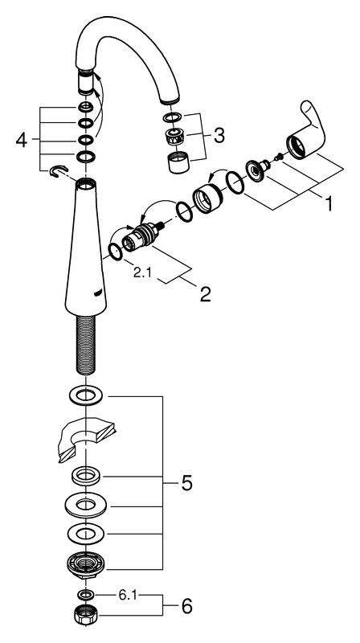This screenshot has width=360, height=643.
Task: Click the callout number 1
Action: [328, 203]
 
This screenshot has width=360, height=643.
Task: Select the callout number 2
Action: [206, 293]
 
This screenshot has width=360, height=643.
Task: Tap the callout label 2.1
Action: [142, 272]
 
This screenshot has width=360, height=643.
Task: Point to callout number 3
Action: [219, 135]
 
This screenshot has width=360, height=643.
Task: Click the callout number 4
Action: [22, 141]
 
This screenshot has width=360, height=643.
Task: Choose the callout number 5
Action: [186, 484]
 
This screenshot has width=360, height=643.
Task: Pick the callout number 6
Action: [186, 606]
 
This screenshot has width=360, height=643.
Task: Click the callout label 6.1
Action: [127, 596]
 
